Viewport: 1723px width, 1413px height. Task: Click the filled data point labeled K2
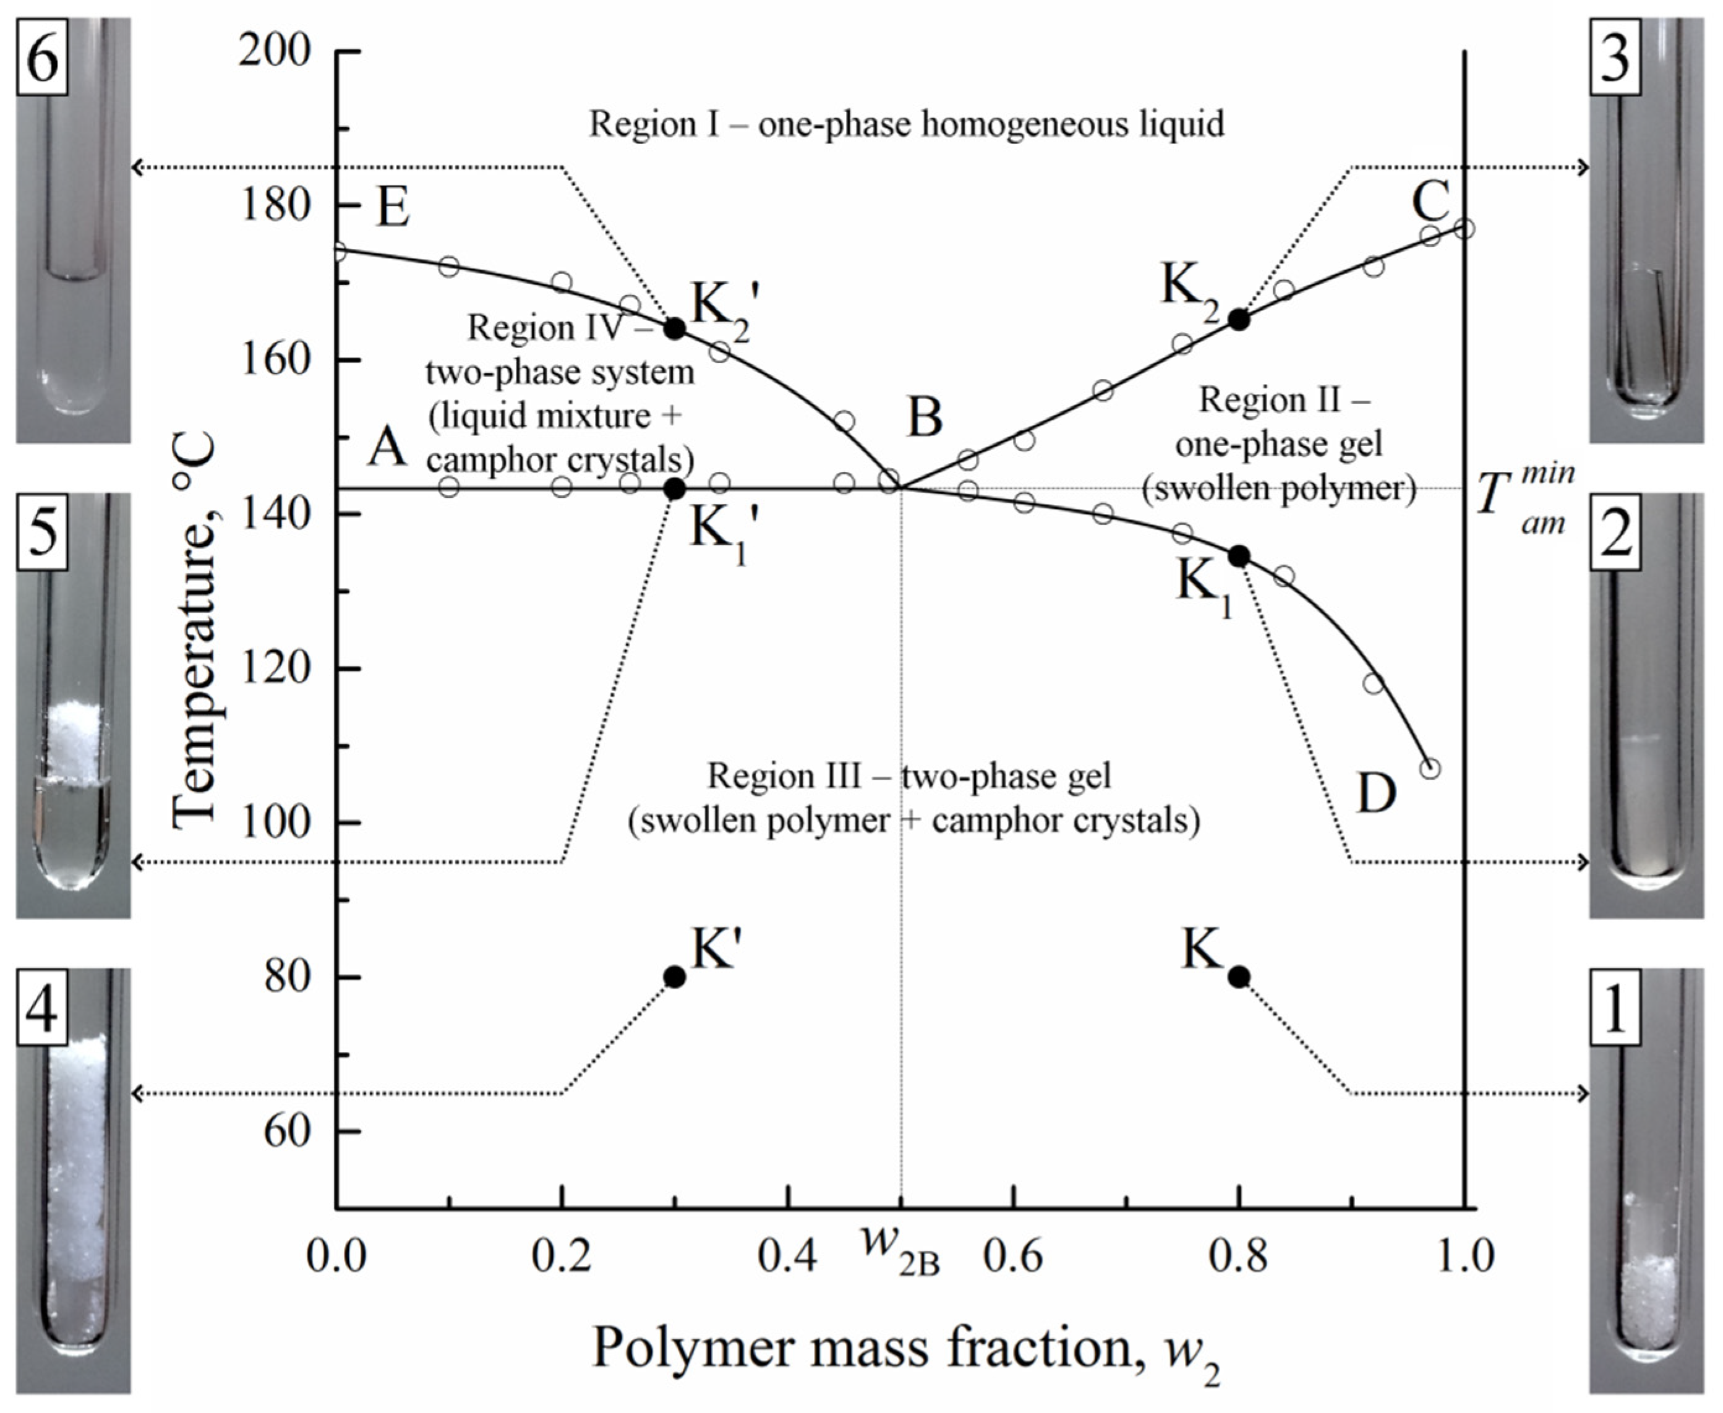1239,320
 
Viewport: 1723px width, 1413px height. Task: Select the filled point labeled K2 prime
675,329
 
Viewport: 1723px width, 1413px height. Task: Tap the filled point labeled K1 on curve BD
1239,557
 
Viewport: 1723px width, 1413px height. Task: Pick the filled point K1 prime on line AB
675,489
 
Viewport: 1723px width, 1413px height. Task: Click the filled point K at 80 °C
1239,976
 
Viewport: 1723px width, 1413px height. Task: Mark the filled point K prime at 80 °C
675,976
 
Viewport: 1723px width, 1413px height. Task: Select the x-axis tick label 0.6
1012,1257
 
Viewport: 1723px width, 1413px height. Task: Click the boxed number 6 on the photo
42,59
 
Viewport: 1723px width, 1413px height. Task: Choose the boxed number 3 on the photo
1615,59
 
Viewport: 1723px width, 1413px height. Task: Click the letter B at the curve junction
925,417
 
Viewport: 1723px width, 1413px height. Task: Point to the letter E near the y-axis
392,208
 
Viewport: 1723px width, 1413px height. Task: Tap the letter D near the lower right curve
1376,793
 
